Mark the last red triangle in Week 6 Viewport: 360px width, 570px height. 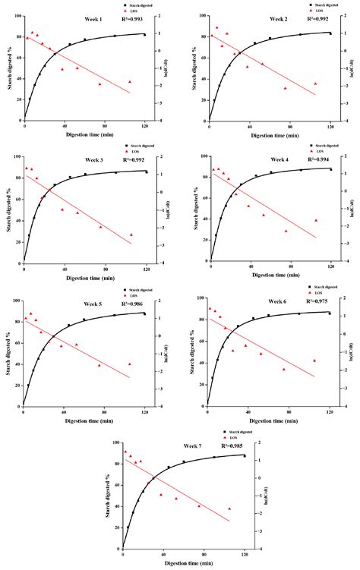(x=314, y=361)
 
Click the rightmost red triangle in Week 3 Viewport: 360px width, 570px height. (x=131, y=235)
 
